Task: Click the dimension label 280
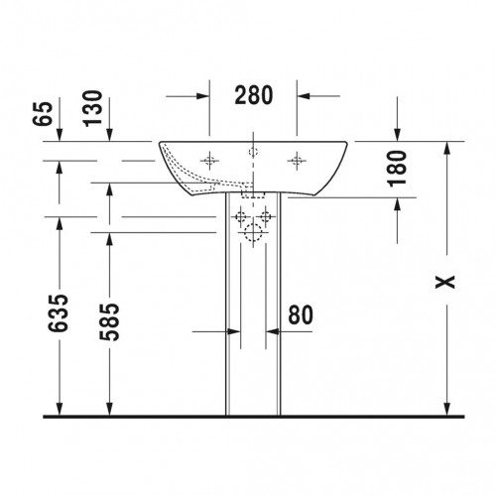(x=254, y=95)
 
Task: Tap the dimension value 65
(x=43, y=113)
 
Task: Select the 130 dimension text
(x=93, y=108)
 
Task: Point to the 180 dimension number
(x=397, y=169)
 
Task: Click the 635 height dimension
(x=59, y=312)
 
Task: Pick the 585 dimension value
(x=109, y=321)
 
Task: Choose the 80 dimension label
(x=301, y=314)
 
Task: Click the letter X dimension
(x=444, y=282)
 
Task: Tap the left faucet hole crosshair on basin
(x=209, y=161)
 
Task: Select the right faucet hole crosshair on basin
(x=297, y=161)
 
